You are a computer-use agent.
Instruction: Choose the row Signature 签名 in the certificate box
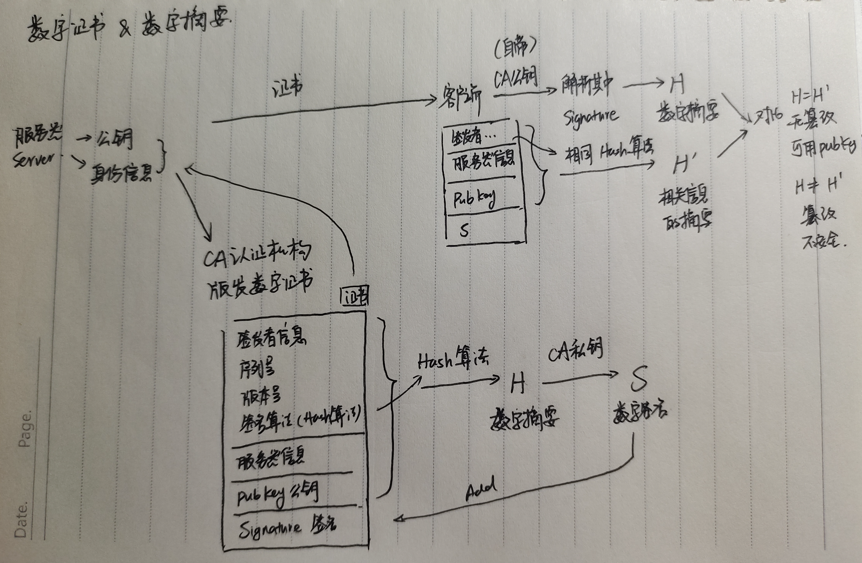287,527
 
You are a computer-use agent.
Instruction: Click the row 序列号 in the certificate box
257,368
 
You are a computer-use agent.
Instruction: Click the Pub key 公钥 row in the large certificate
277,495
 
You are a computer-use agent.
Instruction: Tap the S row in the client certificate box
465,230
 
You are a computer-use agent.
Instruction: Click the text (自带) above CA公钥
515,49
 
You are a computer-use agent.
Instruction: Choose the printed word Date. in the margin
21,520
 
